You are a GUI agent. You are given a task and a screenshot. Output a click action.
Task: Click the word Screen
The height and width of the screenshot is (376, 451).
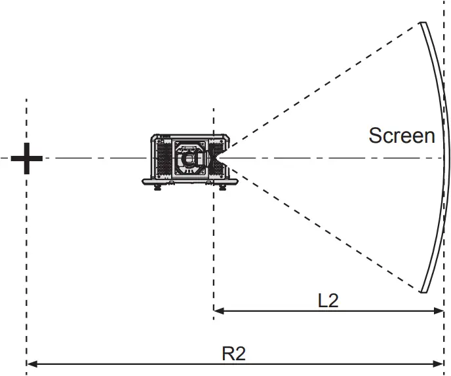pos(401,136)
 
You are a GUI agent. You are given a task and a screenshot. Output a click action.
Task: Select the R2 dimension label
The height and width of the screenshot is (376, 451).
pos(234,354)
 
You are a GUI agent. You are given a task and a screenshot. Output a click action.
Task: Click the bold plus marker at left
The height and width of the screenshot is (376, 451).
pos(27,158)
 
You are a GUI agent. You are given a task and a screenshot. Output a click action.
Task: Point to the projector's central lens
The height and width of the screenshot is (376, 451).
pos(188,158)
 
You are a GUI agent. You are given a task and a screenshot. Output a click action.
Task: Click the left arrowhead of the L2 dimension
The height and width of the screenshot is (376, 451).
pos(218,310)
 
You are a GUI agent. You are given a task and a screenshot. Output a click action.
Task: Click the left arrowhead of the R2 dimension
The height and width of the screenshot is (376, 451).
pos(31,364)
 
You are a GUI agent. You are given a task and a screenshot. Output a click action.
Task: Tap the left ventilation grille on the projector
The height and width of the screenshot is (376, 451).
pos(161,158)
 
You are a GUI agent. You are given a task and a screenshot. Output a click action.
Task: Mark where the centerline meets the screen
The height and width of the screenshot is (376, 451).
pos(446,158)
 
